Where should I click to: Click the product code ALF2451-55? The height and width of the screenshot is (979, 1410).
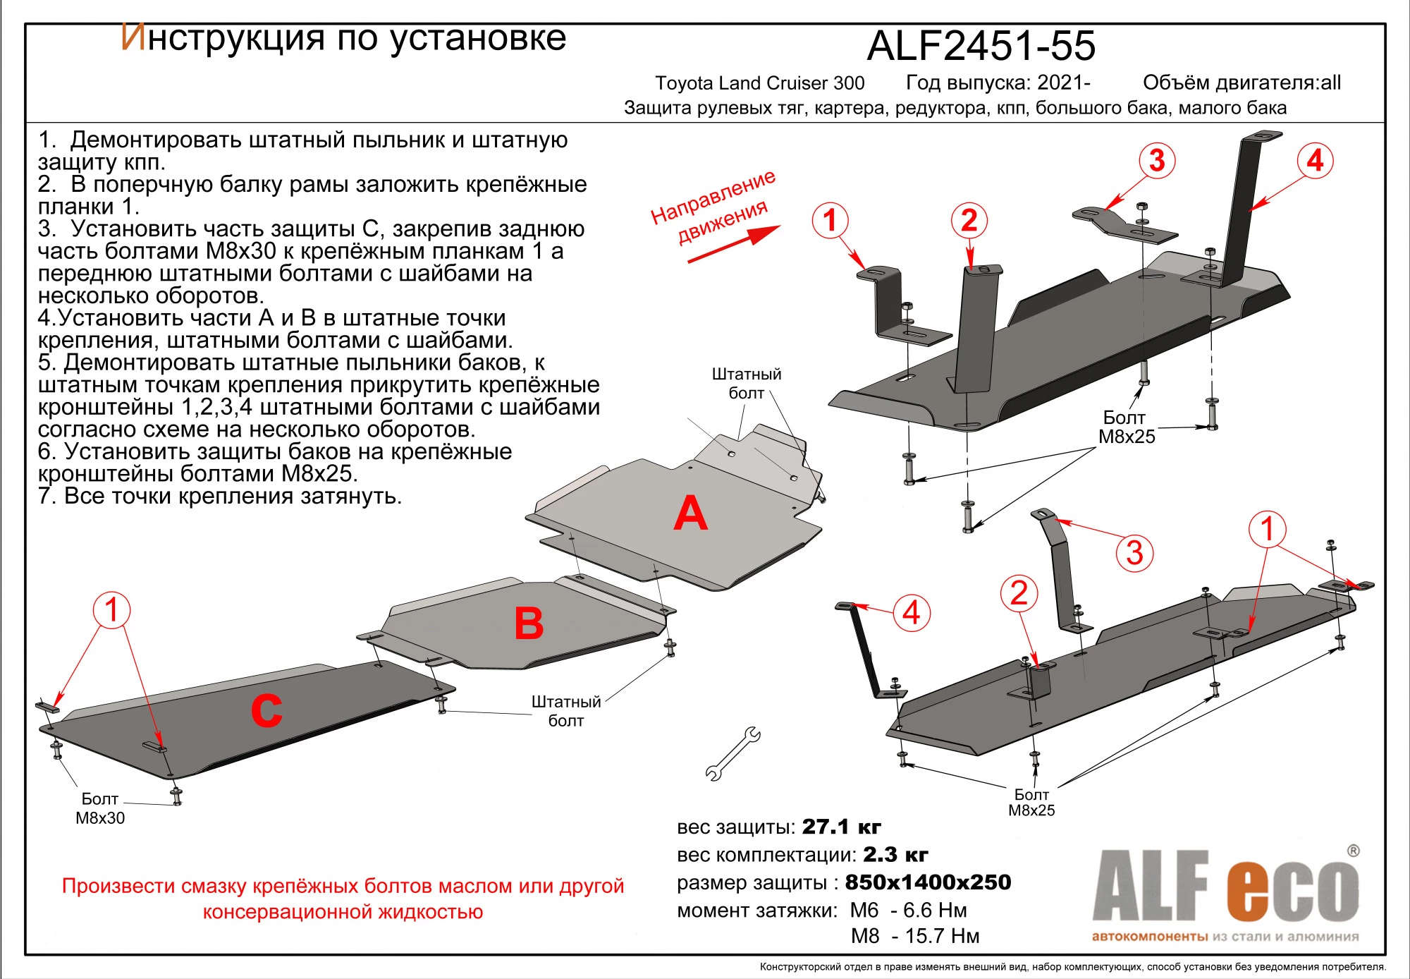[981, 47]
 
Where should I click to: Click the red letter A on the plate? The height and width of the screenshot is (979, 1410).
[690, 514]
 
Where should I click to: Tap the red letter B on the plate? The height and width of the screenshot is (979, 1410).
[529, 624]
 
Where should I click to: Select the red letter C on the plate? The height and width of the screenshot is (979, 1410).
[266, 710]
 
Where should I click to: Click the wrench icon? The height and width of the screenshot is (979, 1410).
[732, 754]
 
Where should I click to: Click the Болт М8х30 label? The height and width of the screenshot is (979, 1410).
[100, 808]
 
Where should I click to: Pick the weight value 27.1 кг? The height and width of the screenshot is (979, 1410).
[841, 827]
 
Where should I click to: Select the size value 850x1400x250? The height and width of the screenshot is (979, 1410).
[928, 882]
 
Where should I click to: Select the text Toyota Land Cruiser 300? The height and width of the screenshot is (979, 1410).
[759, 83]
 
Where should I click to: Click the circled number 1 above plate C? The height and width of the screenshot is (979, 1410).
[111, 610]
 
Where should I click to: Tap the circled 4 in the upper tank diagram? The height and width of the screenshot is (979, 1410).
[1315, 161]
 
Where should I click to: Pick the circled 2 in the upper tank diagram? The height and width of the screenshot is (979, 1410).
[969, 221]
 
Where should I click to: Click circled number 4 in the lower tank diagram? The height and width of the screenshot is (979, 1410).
[911, 613]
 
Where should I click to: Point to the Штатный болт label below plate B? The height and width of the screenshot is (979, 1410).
[565, 711]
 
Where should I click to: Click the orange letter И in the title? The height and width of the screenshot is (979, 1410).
[133, 38]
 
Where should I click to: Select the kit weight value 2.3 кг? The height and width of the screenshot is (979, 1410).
[895, 855]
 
